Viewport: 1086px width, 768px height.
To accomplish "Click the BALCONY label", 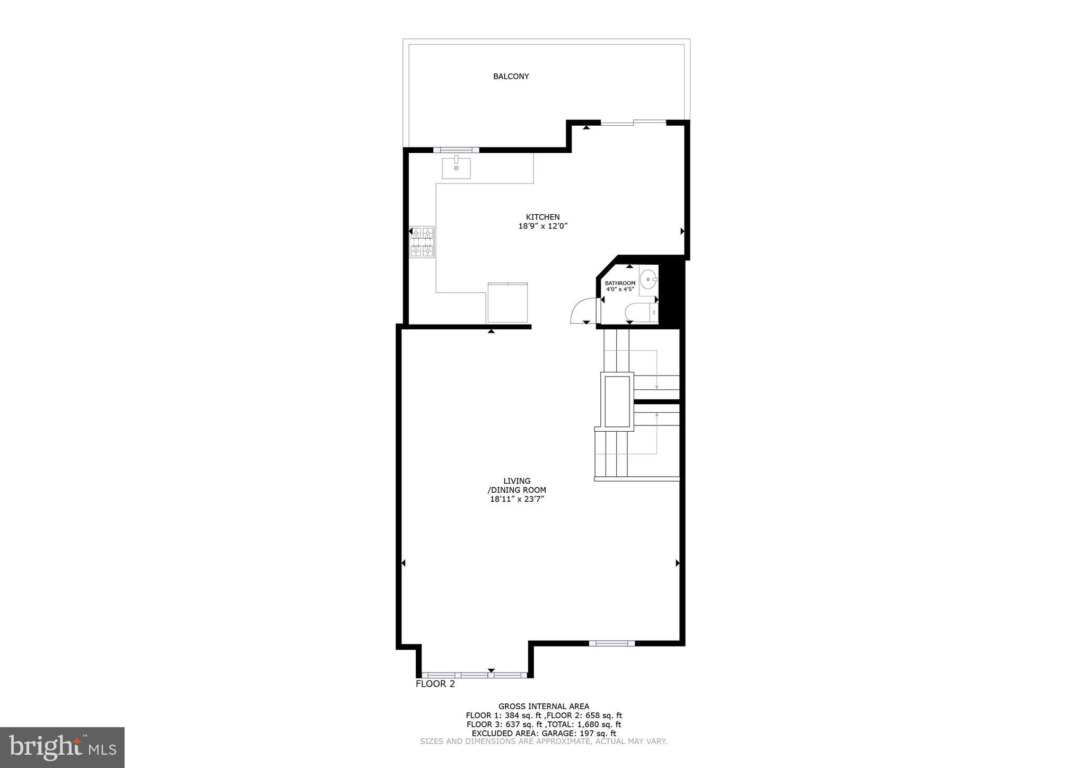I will point(511,76).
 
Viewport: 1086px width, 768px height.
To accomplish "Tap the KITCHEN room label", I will point(542,217).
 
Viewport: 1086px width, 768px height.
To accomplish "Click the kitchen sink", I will point(456,168).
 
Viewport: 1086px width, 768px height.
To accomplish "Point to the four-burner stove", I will point(422,242).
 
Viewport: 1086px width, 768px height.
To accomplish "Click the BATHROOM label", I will point(620,283).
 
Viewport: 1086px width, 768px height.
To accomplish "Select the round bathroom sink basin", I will point(647,278).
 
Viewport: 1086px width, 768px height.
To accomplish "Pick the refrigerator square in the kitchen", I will point(507,303).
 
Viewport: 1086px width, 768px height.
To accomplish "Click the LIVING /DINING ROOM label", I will point(516,486).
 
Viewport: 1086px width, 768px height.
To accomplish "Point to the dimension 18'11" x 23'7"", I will point(517,499).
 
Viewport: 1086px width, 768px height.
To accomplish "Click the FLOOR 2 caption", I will point(435,684).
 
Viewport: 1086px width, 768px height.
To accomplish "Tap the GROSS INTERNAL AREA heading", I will point(544,706).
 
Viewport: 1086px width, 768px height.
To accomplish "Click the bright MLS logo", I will point(62,747).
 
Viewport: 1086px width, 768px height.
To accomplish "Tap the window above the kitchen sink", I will point(456,150).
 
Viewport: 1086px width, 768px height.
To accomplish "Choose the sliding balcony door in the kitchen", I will point(633,123).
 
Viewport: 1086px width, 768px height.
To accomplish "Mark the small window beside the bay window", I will point(611,643).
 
